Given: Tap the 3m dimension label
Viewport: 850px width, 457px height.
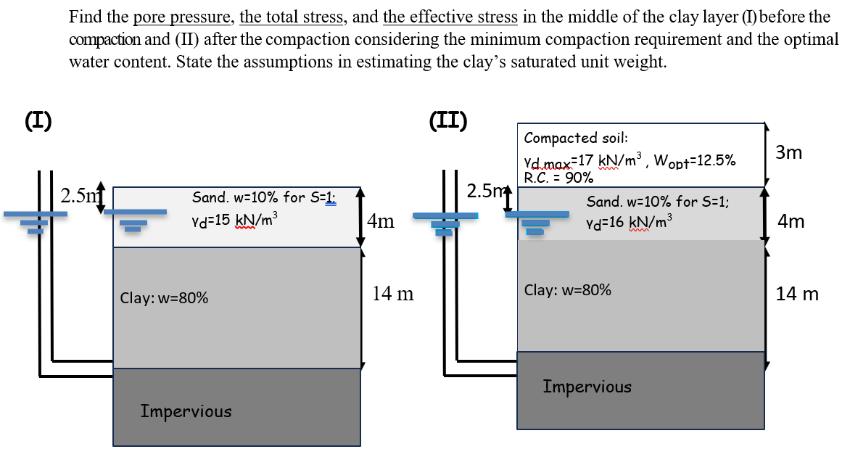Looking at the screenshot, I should coord(789,153).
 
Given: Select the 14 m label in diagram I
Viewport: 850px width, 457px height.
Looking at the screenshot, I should coord(392,294).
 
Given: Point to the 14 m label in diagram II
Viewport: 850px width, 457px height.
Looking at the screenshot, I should coord(797,294).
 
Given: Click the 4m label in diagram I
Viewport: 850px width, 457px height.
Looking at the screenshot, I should coord(381,221).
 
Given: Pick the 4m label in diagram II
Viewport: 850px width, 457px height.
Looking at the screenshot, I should coord(790,221).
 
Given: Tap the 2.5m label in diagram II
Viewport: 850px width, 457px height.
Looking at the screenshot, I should coord(485,192).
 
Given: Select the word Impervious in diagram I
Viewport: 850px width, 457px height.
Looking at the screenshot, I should coord(186,411).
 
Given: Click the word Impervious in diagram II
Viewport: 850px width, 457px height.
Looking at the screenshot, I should coord(587,387).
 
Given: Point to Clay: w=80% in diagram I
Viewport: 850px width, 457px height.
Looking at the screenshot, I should coord(165,297).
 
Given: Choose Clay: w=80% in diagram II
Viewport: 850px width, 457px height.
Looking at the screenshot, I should coord(567,290).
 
